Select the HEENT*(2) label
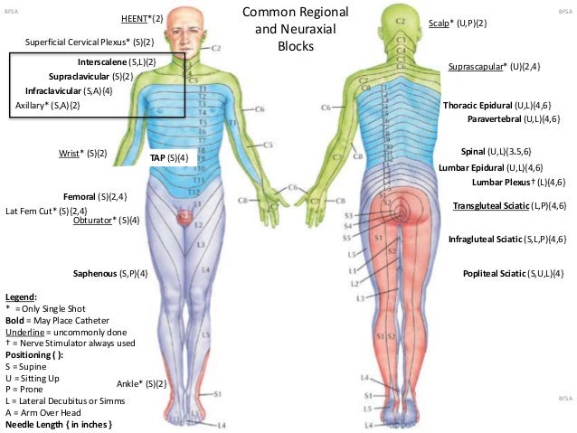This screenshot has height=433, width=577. [142, 18]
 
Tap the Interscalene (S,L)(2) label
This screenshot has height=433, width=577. [117, 61]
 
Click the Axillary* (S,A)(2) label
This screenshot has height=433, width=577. [48, 106]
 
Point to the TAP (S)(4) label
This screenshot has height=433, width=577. [169, 157]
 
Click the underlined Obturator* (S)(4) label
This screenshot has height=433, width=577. [107, 220]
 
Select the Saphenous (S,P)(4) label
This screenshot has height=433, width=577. [110, 273]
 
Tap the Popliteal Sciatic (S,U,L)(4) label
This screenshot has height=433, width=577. [514, 273]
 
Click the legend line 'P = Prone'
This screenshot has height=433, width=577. [29, 377]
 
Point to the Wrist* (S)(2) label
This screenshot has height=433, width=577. [82, 154]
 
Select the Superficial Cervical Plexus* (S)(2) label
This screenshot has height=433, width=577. [89, 42]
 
